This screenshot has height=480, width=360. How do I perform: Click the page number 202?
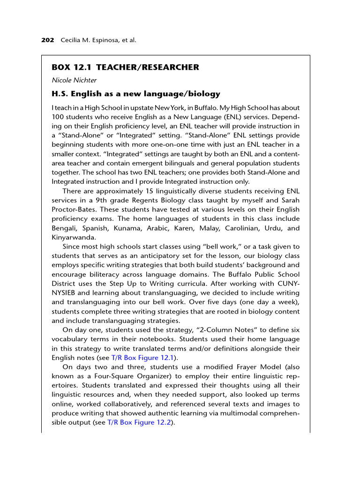pos(47,40)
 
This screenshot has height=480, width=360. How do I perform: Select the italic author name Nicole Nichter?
pos(74,80)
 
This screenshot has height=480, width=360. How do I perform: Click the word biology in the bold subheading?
pos(202,94)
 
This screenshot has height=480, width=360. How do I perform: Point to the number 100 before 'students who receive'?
pos(58,117)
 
